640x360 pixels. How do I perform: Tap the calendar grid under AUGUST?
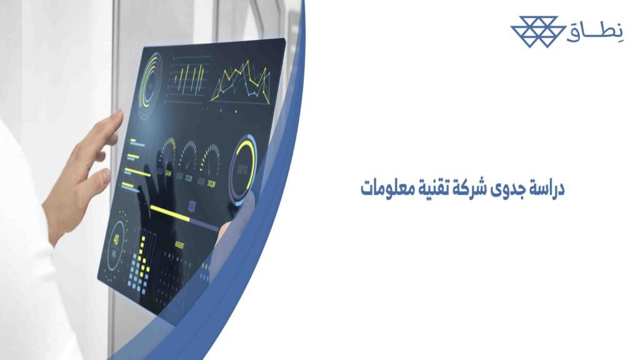184,266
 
